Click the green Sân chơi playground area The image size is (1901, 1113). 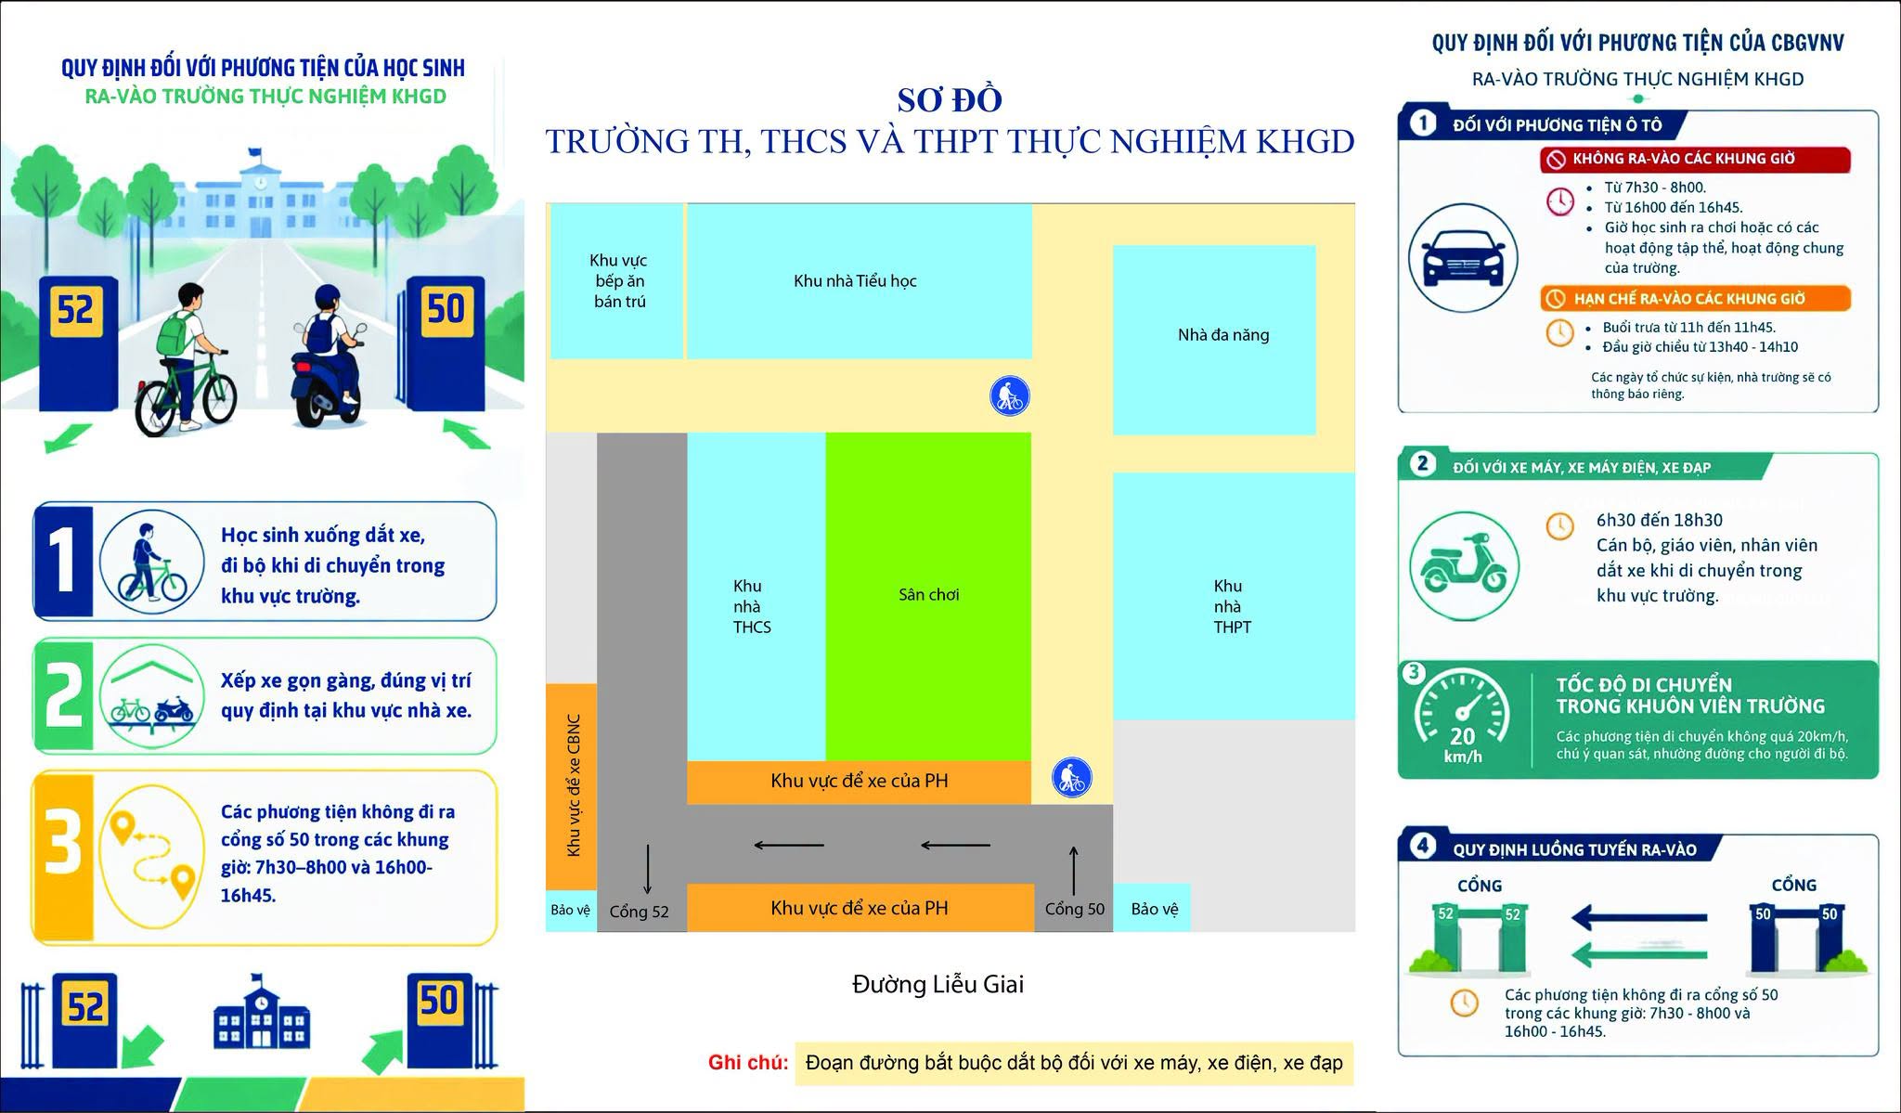[x=928, y=596]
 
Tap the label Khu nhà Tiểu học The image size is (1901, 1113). [x=855, y=281]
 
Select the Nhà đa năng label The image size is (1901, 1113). [x=1223, y=335]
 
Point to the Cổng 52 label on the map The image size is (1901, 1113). [x=639, y=912]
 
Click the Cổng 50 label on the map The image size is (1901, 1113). [x=1075, y=909]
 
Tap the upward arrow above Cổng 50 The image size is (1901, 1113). [x=1074, y=870]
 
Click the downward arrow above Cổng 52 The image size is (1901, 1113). [x=647, y=870]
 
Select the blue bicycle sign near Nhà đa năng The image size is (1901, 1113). [x=1009, y=396]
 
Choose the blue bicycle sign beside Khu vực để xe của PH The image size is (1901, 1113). [x=1071, y=778]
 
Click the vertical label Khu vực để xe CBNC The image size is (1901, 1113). [x=573, y=785]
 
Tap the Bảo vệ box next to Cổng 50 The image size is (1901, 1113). [x=1152, y=908]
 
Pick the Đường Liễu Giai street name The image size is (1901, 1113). [x=938, y=984]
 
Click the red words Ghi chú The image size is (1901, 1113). [x=748, y=1063]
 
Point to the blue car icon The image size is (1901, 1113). [x=1463, y=258]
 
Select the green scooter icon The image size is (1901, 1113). [x=1464, y=565]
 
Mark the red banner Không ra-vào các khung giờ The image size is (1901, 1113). [x=1695, y=159]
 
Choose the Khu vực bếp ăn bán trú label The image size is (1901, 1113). [x=619, y=281]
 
